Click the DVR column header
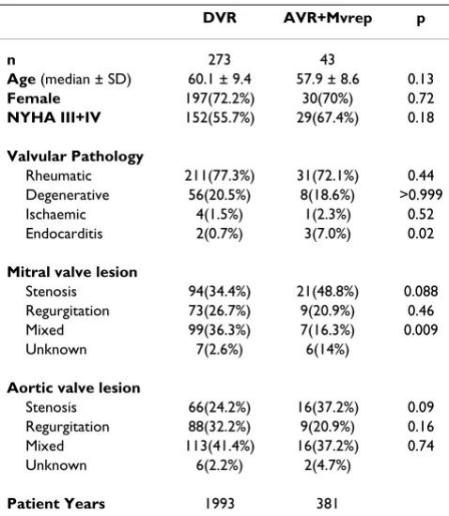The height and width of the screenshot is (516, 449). [220, 18]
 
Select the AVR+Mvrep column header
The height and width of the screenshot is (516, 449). [328, 19]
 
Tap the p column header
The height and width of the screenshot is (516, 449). [421, 20]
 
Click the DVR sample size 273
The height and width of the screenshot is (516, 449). [220, 59]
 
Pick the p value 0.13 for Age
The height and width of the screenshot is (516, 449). [421, 79]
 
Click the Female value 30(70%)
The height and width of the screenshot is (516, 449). [328, 99]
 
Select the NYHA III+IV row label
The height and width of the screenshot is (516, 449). [54, 117]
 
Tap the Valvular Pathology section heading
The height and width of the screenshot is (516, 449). [75, 157]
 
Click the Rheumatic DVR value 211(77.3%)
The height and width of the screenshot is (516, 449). [220, 175]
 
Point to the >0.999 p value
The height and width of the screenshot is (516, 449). [421, 195]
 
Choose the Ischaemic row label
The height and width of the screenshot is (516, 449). [55, 214]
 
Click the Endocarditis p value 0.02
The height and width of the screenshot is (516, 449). [421, 234]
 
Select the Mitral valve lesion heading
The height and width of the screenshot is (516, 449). [72, 272]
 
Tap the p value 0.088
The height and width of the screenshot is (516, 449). [421, 291]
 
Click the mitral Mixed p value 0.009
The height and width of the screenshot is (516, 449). [421, 329]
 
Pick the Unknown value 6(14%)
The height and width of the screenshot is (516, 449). [328, 350]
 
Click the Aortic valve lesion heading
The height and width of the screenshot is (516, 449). [74, 388]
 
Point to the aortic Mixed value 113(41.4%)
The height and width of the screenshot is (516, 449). [220, 447]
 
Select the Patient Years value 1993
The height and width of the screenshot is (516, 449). [220, 504]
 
